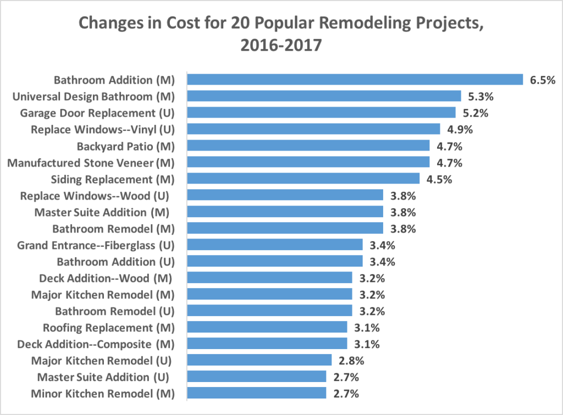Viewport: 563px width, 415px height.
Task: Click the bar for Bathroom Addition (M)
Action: tap(355, 80)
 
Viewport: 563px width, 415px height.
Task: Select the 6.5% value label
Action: tap(543, 80)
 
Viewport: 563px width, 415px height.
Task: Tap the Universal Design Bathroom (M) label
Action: tap(93, 97)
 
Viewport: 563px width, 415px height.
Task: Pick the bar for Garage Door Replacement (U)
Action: tap(321, 113)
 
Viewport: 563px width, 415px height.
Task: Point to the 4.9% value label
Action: tap(460, 130)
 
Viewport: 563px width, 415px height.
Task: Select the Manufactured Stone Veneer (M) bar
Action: tap(308, 162)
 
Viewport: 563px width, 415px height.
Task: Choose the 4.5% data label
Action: tap(439, 179)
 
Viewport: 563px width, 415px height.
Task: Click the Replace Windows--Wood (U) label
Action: tap(94, 196)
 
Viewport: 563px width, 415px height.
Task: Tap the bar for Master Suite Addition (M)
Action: tap(285, 212)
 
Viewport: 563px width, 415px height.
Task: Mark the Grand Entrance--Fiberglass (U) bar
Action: tap(274, 245)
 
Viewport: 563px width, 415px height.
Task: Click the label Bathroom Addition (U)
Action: tap(115, 262)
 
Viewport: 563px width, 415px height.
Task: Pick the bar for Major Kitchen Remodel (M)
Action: tap(269, 294)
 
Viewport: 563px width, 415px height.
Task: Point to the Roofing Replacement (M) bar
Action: tap(267, 327)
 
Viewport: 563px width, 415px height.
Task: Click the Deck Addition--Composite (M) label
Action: tap(96, 344)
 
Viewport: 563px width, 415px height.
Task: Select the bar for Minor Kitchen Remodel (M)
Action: tap(256, 393)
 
